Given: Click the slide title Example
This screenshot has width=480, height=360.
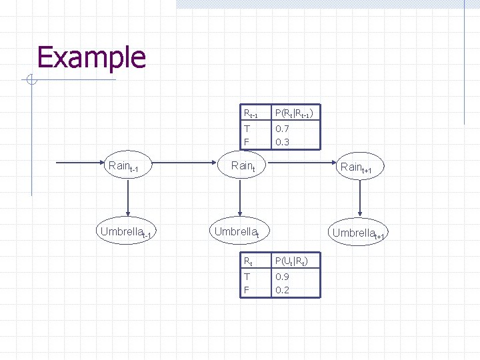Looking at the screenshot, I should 91,57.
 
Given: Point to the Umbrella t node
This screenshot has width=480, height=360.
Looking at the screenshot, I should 237,232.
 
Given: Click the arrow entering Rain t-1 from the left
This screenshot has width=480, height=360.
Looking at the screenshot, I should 80,163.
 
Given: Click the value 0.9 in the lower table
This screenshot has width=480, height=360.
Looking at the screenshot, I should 282,277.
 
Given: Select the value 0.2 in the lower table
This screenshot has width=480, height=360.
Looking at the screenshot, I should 282,290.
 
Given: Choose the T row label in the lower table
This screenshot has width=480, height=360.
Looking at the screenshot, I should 247,277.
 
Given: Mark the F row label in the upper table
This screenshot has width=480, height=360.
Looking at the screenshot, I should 247,142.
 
